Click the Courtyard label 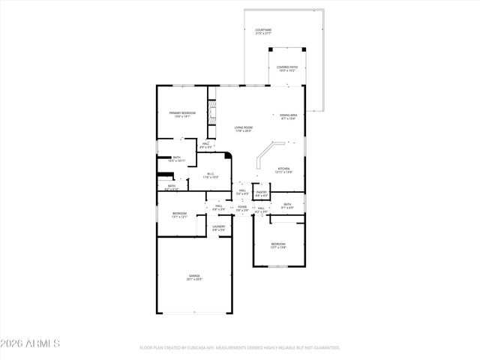click(262, 31)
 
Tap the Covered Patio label click(287, 68)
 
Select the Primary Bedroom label click(182, 114)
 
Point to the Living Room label click(243, 128)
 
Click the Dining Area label click(289, 116)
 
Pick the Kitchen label click(284, 169)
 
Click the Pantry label click(261, 193)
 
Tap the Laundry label click(218, 227)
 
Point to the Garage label click(194, 277)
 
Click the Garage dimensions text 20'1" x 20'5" click(194, 280)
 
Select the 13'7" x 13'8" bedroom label click(278, 245)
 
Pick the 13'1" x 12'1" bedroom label click(179, 214)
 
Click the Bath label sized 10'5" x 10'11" click(176, 159)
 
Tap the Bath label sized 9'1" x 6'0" click(287, 205)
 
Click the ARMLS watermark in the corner click(31, 343)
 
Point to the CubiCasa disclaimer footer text click(240, 348)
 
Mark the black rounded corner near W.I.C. click(228, 157)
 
